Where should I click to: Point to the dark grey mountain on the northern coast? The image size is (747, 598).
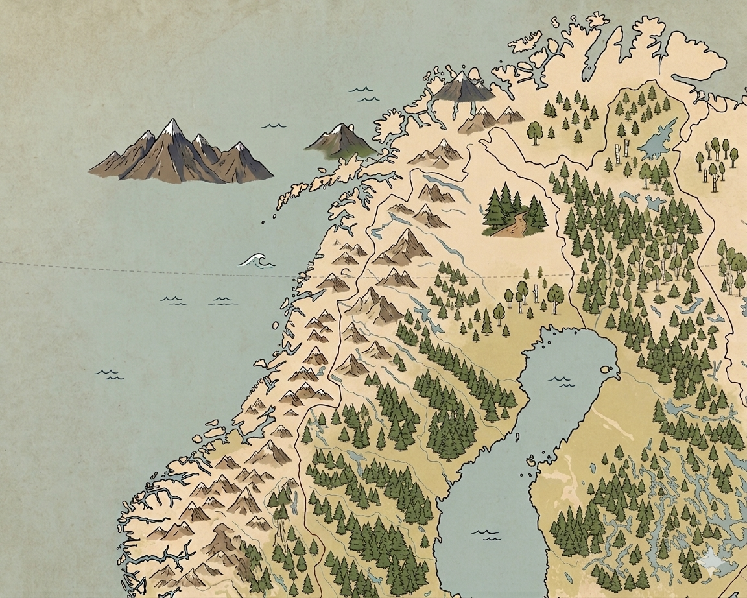pos(464,87)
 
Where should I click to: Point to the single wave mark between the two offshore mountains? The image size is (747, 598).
pos(274,124)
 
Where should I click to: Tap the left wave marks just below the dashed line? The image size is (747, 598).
pos(173,300)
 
